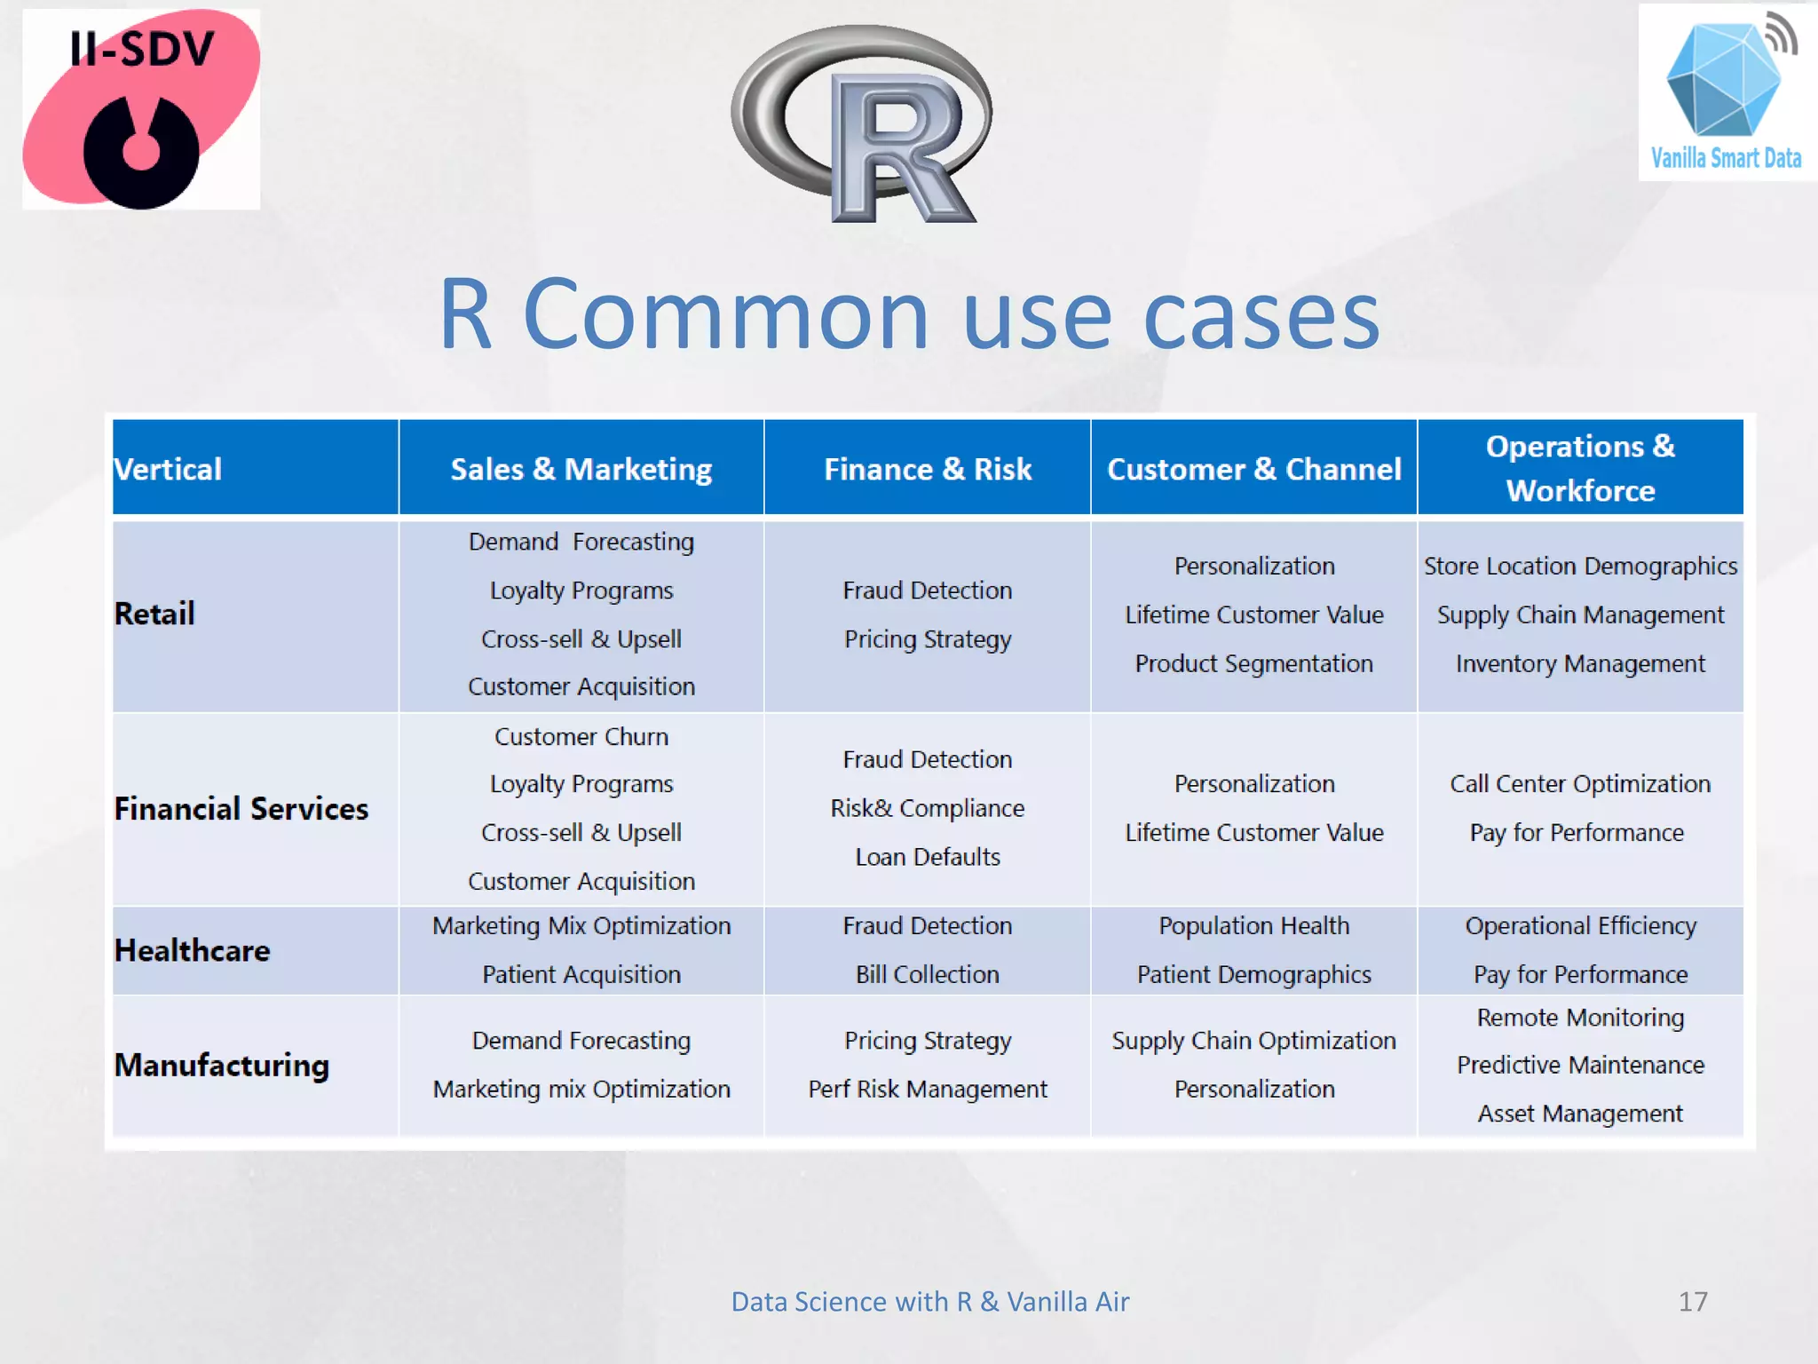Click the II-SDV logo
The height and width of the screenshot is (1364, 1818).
click(x=141, y=109)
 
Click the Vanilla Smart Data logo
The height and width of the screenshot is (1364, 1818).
click(x=1727, y=93)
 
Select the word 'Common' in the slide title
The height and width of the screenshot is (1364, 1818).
click(x=725, y=315)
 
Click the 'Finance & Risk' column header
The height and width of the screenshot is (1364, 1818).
click(x=927, y=469)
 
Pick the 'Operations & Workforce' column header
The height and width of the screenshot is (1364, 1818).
click(x=1580, y=468)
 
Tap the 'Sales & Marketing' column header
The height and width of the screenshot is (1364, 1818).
click(x=581, y=469)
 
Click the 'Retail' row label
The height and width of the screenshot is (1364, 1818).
click(x=154, y=614)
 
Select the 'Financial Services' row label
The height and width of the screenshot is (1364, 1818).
click(x=241, y=809)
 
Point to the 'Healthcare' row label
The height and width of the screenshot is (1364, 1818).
click(x=192, y=950)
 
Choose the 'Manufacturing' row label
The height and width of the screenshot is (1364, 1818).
click(x=221, y=1065)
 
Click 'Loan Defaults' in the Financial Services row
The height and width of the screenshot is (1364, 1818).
click(x=927, y=857)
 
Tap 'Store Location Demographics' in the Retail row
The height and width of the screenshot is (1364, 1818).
click(x=1580, y=567)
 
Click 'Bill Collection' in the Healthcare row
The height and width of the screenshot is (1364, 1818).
click(x=927, y=975)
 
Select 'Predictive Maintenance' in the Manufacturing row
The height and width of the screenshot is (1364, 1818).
click(x=1580, y=1065)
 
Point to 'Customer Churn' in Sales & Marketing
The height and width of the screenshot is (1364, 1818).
click(x=581, y=737)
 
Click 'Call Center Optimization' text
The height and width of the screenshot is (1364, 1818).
click(x=1580, y=784)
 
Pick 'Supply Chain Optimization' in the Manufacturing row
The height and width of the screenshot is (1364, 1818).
click(x=1253, y=1041)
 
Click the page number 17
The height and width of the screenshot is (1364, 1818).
click(x=1692, y=1302)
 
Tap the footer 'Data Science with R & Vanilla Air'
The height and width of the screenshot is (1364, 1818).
click(x=929, y=1302)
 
